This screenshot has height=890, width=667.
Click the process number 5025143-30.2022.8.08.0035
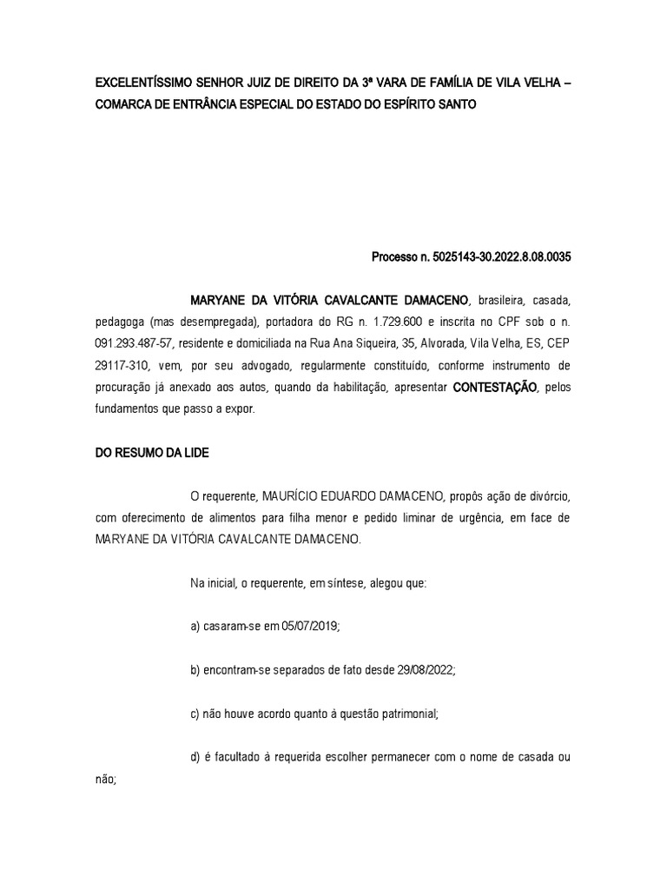pyautogui.click(x=495, y=257)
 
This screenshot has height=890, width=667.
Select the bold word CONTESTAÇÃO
pyautogui.click(x=494, y=386)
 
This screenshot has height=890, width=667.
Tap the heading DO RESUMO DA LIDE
pyautogui.click(x=152, y=453)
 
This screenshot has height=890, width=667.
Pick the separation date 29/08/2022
pyautogui.click(x=425, y=669)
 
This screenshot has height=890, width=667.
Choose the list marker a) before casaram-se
pyautogui.click(x=195, y=626)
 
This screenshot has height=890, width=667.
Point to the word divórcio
pyautogui.click(x=545, y=496)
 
